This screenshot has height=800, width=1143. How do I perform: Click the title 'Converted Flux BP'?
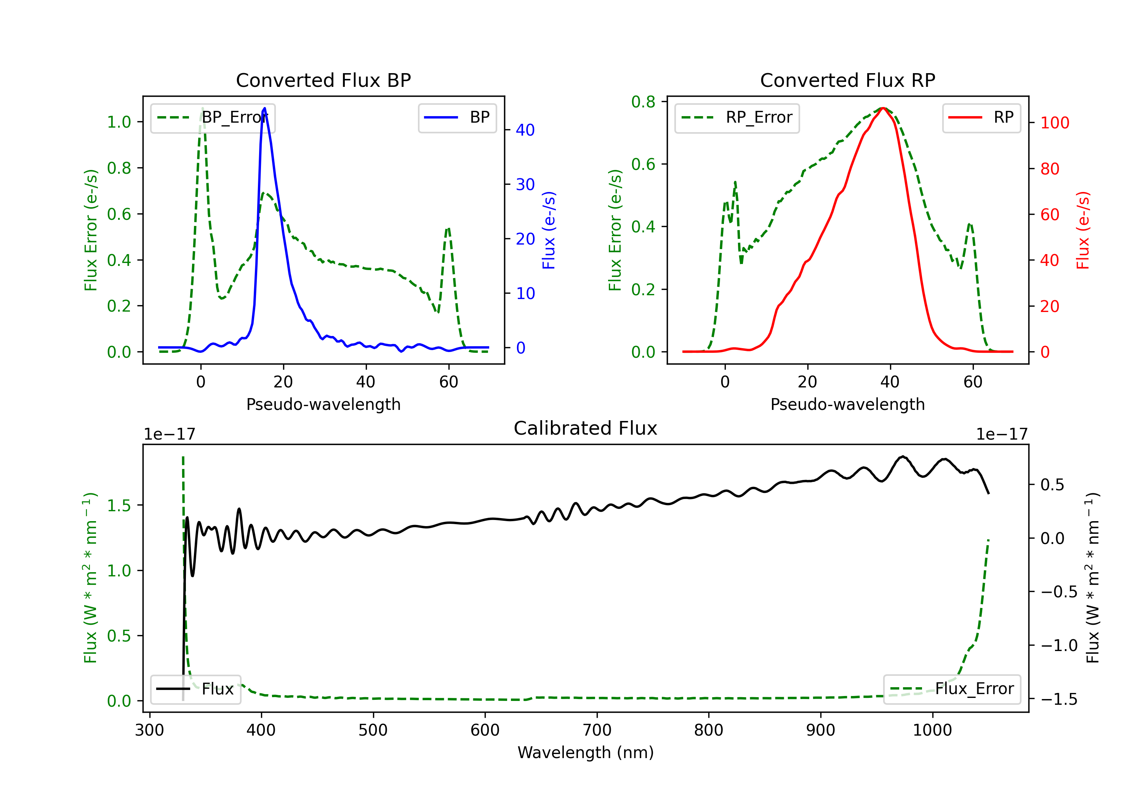point(323,80)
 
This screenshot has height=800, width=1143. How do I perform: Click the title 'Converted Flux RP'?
point(847,80)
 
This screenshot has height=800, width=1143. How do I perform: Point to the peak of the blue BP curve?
point(264,108)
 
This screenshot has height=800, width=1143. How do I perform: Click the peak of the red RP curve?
point(883,108)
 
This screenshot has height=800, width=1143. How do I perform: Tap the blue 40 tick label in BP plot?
point(525,130)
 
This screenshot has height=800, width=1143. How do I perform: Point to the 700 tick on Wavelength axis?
point(597,730)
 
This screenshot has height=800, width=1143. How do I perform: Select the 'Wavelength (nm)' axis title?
point(586,753)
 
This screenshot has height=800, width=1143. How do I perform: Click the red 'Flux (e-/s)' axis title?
point(1083,230)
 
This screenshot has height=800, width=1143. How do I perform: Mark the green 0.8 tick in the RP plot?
point(643,102)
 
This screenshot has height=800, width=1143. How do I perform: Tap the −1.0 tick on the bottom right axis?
point(1058,646)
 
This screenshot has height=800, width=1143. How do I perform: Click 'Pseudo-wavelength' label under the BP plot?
point(323,404)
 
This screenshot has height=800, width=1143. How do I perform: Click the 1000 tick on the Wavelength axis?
point(932,730)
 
